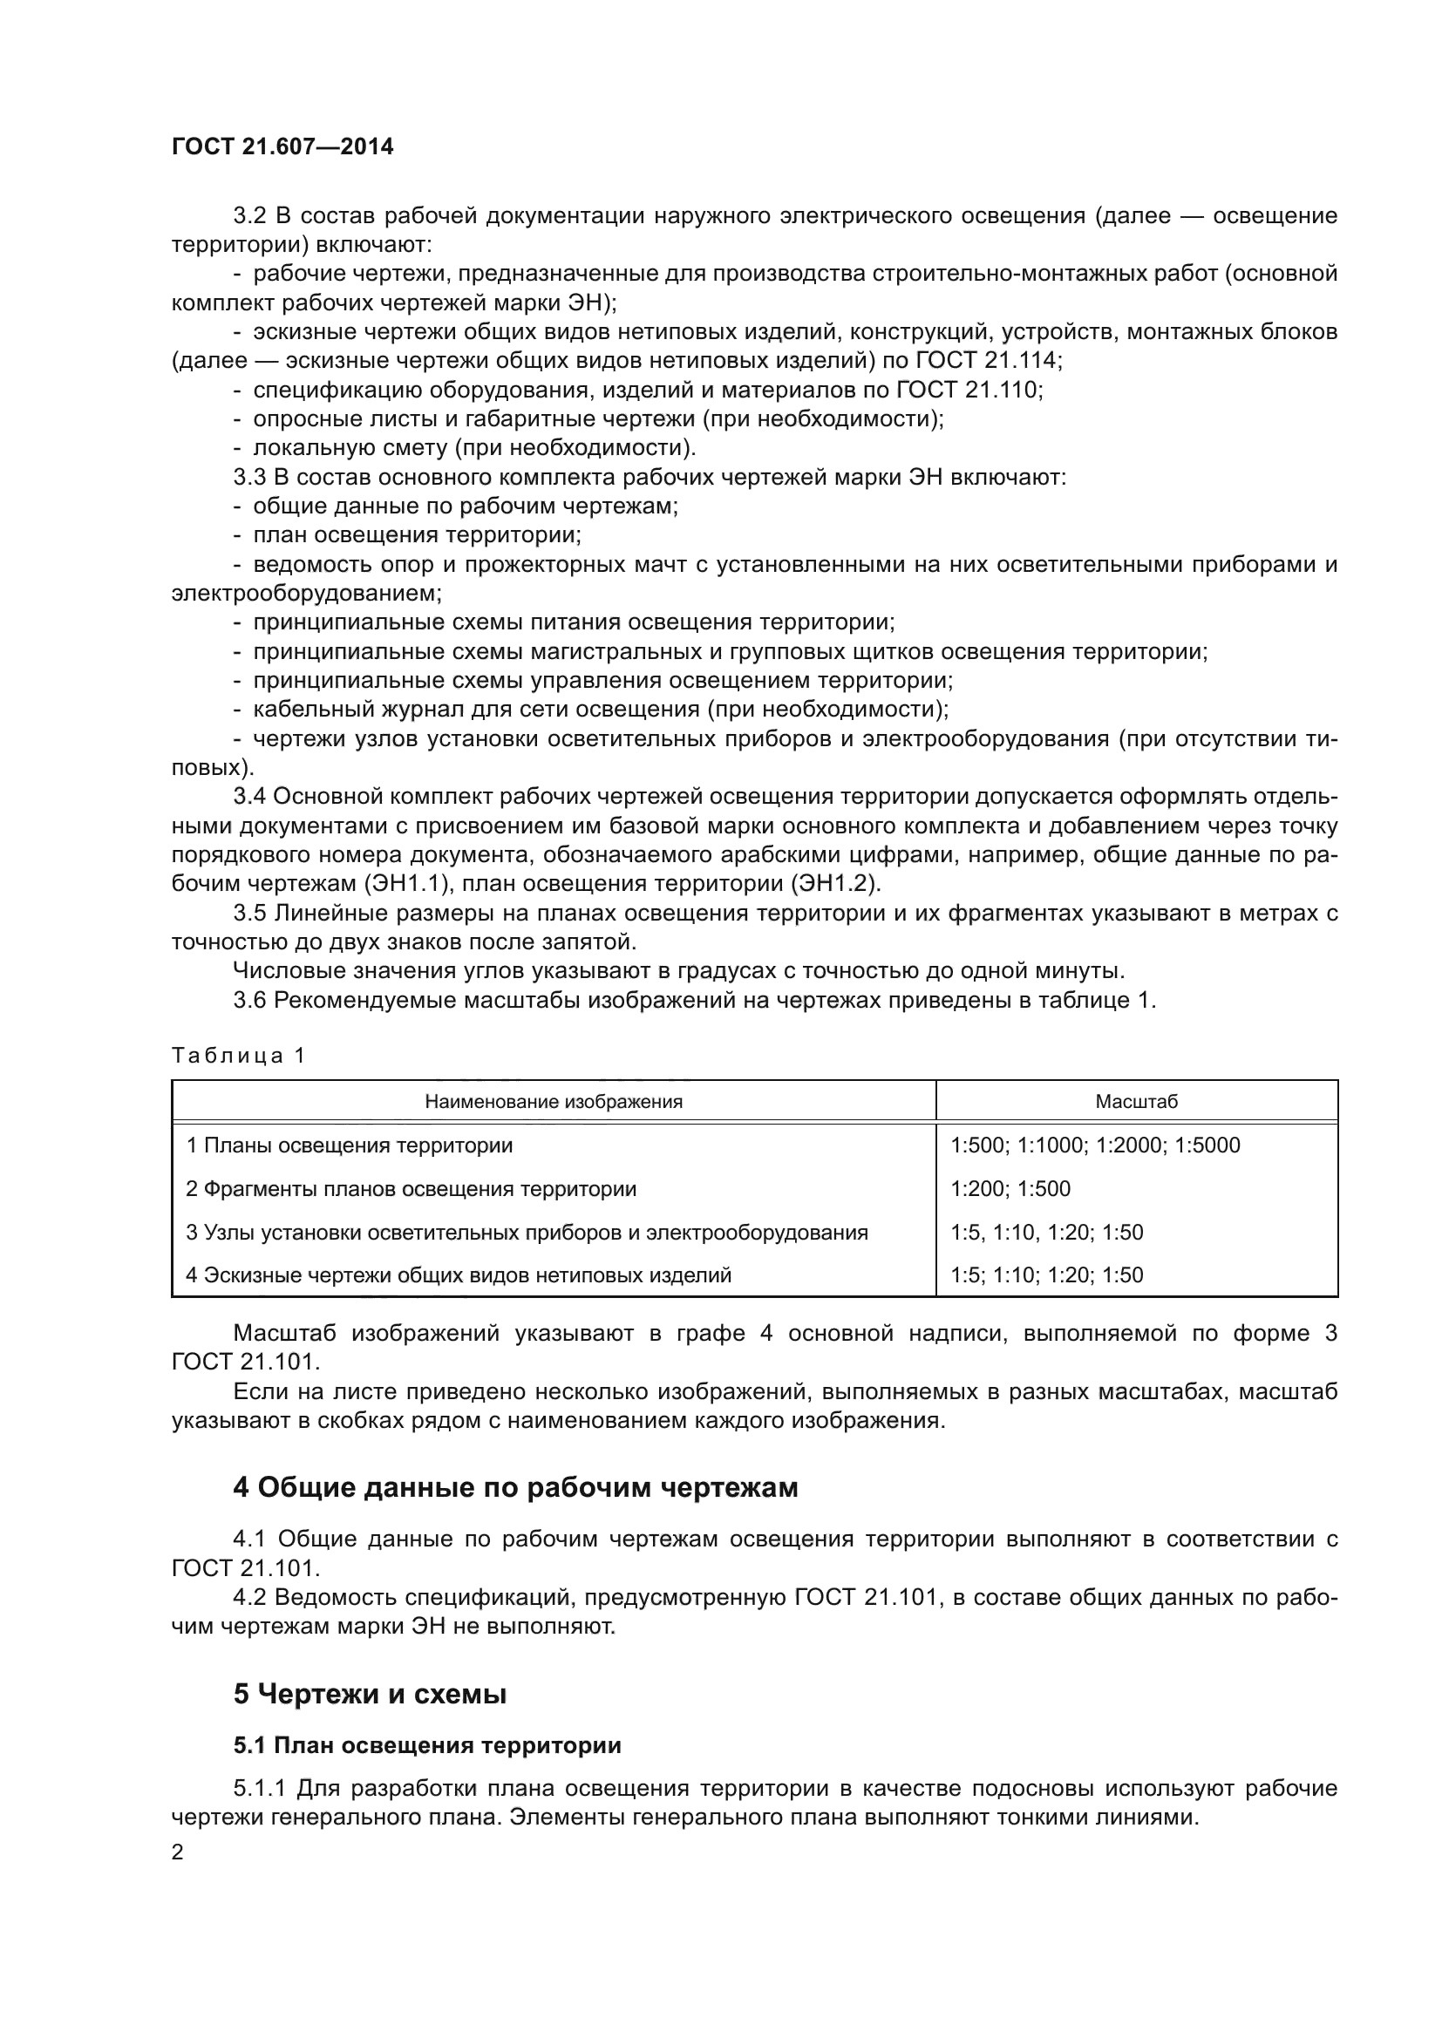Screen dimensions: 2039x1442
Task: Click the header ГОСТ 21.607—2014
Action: [282, 147]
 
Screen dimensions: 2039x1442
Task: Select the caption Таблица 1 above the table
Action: [238, 1055]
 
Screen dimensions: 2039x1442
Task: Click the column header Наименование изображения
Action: [554, 1102]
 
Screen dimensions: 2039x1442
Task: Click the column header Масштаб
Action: [1136, 1102]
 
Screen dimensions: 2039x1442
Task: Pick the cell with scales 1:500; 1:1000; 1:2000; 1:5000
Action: [1095, 1145]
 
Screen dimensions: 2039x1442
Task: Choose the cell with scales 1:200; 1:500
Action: [1010, 1189]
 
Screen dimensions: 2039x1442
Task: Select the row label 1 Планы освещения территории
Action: [349, 1145]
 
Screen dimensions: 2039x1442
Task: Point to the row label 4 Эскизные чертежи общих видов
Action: [459, 1275]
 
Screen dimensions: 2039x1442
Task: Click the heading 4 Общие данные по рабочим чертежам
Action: [515, 1487]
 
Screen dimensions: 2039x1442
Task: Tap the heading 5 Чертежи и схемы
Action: [370, 1695]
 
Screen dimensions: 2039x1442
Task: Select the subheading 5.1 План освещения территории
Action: [427, 1745]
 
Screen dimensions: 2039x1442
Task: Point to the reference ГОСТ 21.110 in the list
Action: [969, 390]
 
